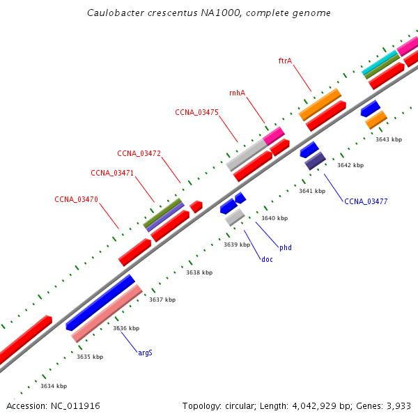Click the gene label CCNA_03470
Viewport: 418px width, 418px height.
pyautogui.click(x=76, y=199)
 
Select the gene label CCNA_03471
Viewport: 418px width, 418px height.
pyautogui.click(x=112, y=173)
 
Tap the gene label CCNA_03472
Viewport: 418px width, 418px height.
pyautogui.click(x=139, y=153)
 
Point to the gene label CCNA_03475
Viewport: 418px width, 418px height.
pyautogui.click(x=196, y=112)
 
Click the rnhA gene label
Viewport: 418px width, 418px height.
pyautogui.click(x=237, y=93)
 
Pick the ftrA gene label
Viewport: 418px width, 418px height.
pyautogui.click(x=285, y=61)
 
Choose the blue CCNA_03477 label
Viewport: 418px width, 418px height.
pyautogui.click(x=366, y=201)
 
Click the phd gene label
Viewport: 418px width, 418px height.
pyautogui.click(x=286, y=247)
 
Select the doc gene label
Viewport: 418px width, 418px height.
pyautogui.click(x=267, y=259)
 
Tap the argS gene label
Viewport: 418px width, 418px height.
pyautogui.click(x=145, y=353)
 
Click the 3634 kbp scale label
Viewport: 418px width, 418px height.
pyautogui.click(x=54, y=386)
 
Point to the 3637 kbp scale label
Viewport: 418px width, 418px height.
pyautogui.click(x=162, y=300)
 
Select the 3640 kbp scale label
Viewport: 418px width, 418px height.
pyautogui.click(x=274, y=218)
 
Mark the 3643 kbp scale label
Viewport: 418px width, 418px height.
pyautogui.click(x=389, y=139)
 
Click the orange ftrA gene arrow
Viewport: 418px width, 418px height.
pyautogui.click(x=320, y=104)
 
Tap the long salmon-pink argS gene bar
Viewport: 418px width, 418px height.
pyautogui.click(x=107, y=313)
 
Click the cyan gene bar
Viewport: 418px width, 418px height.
pyautogui.click(x=379, y=63)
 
